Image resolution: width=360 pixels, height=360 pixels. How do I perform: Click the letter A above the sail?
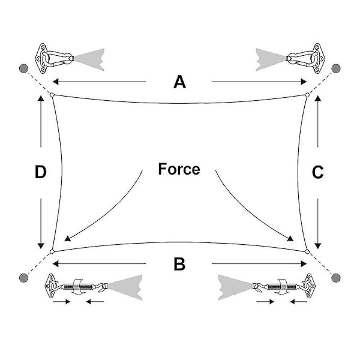(x=179, y=82)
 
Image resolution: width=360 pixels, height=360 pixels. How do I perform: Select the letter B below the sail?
(x=179, y=264)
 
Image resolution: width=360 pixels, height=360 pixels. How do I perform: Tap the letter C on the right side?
(x=318, y=172)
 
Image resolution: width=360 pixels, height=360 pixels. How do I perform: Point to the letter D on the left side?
(x=40, y=173)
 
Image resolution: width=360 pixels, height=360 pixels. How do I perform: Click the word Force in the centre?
(x=179, y=169)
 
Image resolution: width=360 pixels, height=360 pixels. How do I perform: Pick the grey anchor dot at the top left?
(x=23, y=67)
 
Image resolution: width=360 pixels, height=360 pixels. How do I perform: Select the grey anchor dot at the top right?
(x=336, y=67)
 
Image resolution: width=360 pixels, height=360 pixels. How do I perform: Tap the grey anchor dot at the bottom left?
(x=23, y=277)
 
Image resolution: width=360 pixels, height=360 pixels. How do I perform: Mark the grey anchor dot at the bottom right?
(x=336, y=277)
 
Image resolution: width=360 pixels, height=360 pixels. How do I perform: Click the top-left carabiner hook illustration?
(x=56, y=58)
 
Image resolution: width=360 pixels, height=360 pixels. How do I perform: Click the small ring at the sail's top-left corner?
(x=52, y=95)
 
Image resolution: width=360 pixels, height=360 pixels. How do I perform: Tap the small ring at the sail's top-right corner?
(x=307, y=94)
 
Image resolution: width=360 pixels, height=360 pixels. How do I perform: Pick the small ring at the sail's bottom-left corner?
(x=53, y=251)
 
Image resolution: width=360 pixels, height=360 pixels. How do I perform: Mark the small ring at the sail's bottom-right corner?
(x=307, y=251)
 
